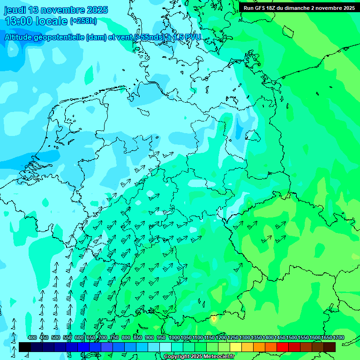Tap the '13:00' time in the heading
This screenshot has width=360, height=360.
tap(21, 21)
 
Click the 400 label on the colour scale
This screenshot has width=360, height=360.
tap(32, 338)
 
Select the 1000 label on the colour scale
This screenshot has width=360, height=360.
tap(174, 338)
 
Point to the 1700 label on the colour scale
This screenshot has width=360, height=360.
tap(338, 338)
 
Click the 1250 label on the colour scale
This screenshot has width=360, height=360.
tap(233, 338)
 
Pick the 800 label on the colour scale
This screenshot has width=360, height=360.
tap(126, 338)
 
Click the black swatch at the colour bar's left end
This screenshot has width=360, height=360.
tap(25, 347)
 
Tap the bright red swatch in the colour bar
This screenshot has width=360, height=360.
tap(283, 347)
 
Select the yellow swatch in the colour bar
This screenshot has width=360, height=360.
tap(236, 347)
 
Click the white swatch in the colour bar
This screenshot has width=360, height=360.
tap(165, 347)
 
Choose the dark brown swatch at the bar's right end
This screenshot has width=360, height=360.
tap(330, 347)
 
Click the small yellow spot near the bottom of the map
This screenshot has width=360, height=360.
tap(214, 319)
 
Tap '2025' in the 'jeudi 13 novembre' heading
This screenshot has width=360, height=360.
tap(97, 10)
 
